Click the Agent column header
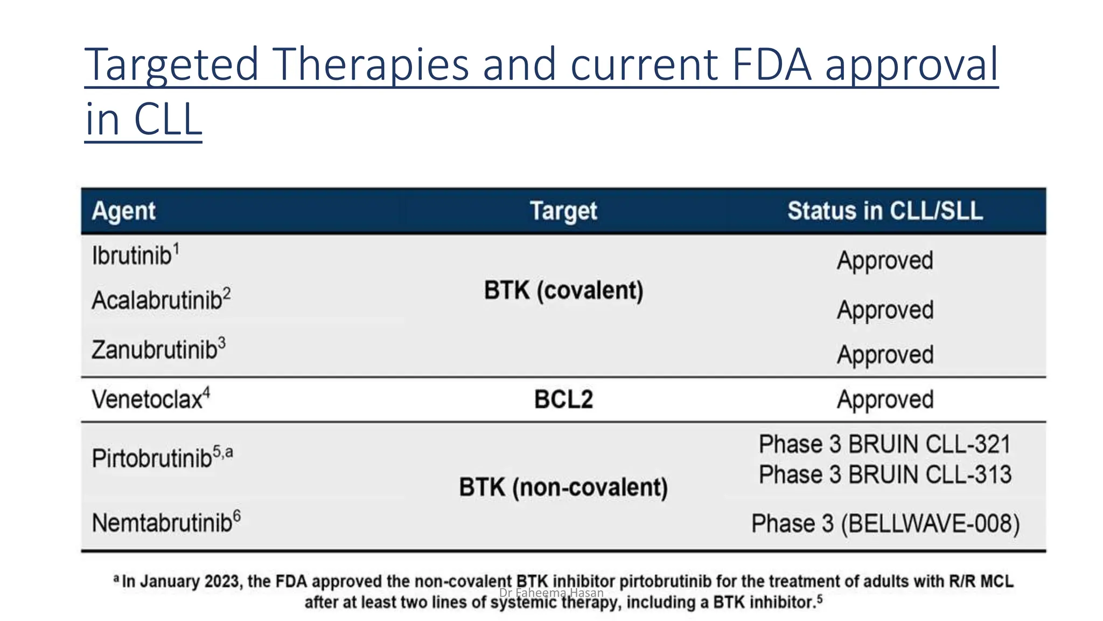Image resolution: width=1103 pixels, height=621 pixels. (x=123, y=211)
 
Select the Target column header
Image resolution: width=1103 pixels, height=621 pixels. (x=563, y=211)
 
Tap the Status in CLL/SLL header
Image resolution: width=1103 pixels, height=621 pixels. (x=885, y=211)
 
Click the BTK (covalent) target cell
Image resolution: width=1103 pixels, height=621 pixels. (x=563, y=291)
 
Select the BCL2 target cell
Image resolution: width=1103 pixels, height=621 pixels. (x=563, y=399)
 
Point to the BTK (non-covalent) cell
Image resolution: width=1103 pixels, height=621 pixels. (x=563, y=487)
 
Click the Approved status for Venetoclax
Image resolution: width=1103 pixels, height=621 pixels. (x=885, y=399)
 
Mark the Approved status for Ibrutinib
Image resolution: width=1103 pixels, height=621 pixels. (x=885, y=260)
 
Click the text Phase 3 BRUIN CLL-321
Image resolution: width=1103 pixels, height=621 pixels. (x=885, y=444)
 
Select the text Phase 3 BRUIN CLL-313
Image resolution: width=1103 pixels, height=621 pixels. (x=885, y=474)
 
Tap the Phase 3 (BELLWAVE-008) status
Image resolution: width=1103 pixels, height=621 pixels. (x=885, y=523)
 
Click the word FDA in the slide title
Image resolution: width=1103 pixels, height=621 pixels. (x=771, y=64)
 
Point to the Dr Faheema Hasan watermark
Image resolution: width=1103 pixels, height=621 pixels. (x=551, y=593)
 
